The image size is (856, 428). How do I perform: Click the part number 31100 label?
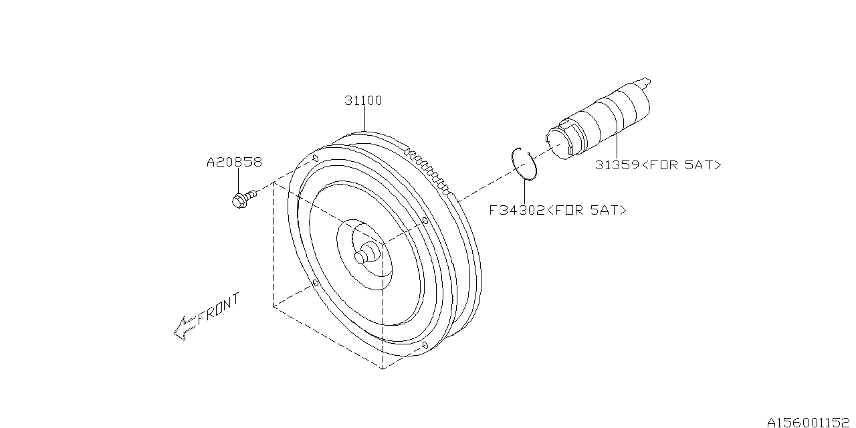click(x=363, y=101)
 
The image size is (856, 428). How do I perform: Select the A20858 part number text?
click(x=233, y=162)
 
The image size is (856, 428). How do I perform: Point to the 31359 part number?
click(x=617, y=165)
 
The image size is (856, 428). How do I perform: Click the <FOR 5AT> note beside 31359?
click(x=681, y=165)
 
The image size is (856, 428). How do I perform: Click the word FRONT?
click(x=218, y=310)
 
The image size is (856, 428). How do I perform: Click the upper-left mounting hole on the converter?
click(x=315, y=158)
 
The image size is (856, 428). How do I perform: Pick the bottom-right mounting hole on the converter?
click(x=425, y=345)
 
